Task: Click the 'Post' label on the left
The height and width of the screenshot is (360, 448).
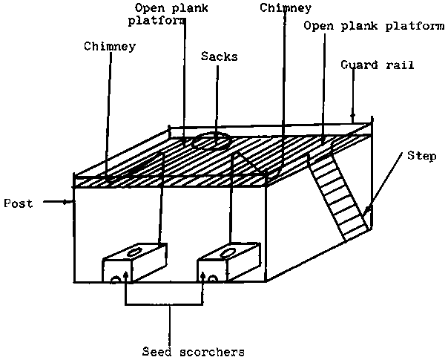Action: (18, 203)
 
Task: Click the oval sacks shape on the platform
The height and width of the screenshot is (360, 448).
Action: (211, 140)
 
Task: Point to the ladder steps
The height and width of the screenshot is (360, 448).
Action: (337, 197)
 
